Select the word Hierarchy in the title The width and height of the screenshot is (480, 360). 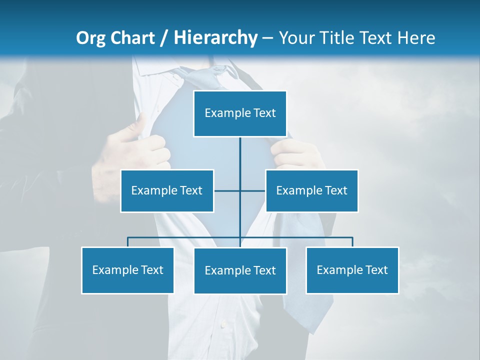click(x=215, y=38)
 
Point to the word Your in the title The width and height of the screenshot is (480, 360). click(x=296, y=38)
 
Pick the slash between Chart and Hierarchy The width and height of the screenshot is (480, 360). click(x=164, y=38)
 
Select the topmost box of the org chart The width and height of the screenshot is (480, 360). click(x=240, y=113)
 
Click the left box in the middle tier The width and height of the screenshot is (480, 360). click(x=167, y=190)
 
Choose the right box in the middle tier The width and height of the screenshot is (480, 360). click(x=312, y=190)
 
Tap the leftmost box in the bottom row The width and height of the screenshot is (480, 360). click(x=127, y=270)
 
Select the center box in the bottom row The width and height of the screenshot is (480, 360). click(x=240, y=270)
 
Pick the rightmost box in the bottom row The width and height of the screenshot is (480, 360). click(x=352, y=270)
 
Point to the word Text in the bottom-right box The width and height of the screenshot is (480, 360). click(x=376, y=270)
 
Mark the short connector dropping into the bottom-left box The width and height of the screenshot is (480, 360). click(x=127, y=242)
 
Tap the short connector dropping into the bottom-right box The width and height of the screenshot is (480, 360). click(x=352, y=242)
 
